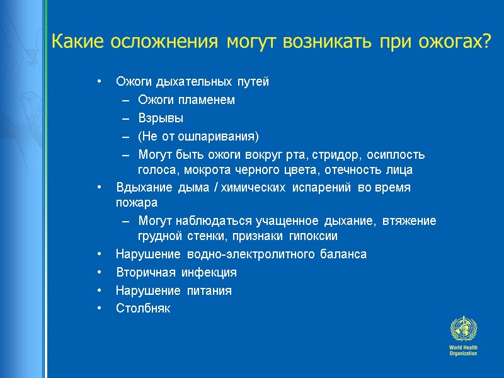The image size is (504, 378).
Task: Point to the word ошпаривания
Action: [x=220, y=136]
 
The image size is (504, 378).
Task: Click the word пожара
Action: [x=137, y=203]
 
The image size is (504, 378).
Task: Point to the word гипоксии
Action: [x=313, y=236]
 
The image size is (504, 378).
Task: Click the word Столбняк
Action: [x=143, y=309]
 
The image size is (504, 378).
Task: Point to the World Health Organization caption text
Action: [x=463, y=350]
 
